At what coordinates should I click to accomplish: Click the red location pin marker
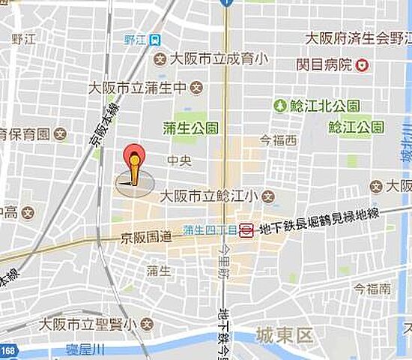(x=134, y=159)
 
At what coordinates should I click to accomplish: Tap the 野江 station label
(x=135, y=40)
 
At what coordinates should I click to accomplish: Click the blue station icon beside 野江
(x=154, y=40)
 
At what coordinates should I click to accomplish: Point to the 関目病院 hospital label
(x=324, y=64)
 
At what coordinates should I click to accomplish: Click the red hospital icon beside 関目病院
(x=363, y=65)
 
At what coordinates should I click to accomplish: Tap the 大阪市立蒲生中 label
(x=139, y=88)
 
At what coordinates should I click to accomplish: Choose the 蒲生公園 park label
(x=191, y=127)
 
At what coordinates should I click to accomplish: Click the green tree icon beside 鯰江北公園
(x=280, y=105)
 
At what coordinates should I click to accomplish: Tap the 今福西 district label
(x=278, y=140)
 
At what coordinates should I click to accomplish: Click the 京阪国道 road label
(x=146, y=239)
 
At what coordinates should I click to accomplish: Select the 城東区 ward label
(x=283, y=334)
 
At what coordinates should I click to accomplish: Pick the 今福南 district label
(x=372, y=288)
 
